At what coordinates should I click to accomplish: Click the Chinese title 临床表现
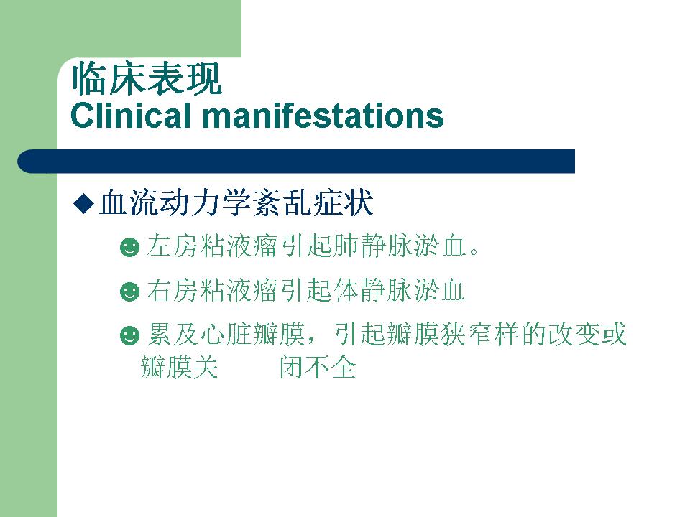pyautogui.click(x=147, y=79)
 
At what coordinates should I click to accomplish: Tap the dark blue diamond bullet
pyautogui.click(x=83, y=203)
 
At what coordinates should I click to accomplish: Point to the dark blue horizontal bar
pyautogui.click(x=296, y=162)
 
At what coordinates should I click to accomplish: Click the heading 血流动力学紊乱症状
pyautogui.click(x=236, y=202)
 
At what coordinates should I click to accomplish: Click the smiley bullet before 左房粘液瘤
pyautogui.click(x=129, y=247)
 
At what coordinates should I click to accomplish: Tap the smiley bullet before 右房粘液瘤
pyautogui.click(x=129, y=292)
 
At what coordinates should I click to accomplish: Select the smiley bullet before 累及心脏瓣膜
pyautogui.click(x=129, y=336)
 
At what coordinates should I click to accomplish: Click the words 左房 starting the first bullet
pyautogui.click(x=172, y=246)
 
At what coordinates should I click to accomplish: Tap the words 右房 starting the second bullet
pyautogui.click(x=172, y=290)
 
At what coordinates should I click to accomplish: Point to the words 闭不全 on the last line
pyautogui.click(x=318, y=367)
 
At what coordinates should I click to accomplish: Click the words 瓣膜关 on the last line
pyautogui.click(x=179, y=367)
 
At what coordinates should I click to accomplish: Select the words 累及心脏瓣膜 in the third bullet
pyautogui.click(x=226, y=334)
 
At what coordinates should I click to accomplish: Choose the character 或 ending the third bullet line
pyautogui.click(x=613, y=334)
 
